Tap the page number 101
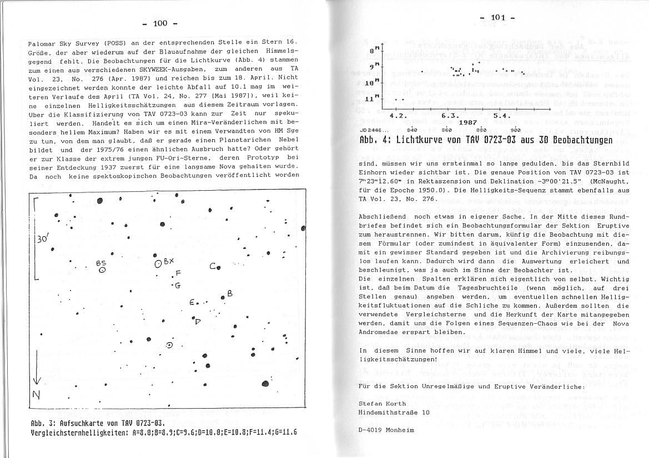click(x=497, y=18)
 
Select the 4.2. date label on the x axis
click(x=398, y=115)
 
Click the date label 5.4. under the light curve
click(x=502, y=115)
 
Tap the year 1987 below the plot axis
click(x=469, y=121)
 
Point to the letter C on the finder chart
click(x=213, y=267)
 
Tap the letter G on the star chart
click(x=178, y=286)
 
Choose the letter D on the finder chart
click(x=197, y=321)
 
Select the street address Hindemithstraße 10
click(x=394, y=413)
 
